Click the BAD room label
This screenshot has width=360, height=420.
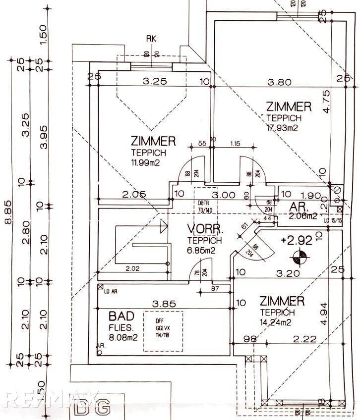tap(122, 316)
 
